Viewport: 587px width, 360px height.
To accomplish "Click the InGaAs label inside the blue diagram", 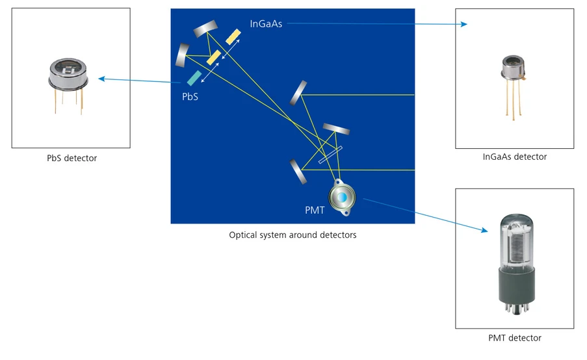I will tap(266, 24).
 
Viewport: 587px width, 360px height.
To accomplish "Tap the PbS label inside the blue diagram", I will tap(190, 96).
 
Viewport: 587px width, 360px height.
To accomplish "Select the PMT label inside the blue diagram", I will tap(314, 210).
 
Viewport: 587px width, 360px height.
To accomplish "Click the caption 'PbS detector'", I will tap(72, 158).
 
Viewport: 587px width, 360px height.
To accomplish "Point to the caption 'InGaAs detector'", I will tap(514, 157).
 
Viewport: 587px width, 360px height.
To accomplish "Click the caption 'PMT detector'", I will tap(514, 338).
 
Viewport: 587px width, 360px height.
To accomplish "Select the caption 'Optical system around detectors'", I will tap(293, 235).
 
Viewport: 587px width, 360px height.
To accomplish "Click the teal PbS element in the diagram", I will tap(193, 78).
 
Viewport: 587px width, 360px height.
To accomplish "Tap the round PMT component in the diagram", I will tap(341, 197).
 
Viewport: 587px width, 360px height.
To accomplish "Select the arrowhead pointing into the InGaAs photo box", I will tap(463, 25).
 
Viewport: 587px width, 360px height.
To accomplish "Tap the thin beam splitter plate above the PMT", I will tap(330, 156).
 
